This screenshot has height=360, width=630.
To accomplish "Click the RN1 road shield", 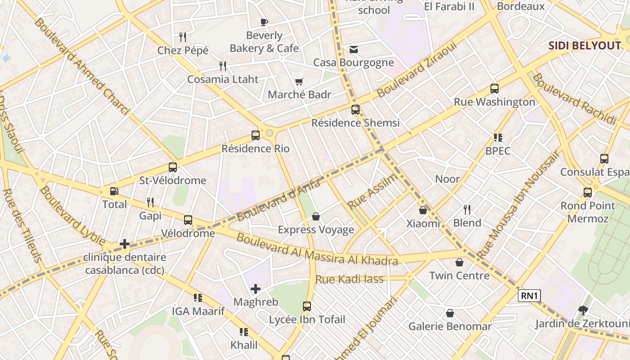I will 529,296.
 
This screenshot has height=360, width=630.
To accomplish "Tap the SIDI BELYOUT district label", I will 585,45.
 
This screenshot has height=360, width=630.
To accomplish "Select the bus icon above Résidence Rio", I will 256,135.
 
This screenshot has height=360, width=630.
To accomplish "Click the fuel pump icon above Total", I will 114,191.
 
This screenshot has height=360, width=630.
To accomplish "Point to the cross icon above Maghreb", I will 256,289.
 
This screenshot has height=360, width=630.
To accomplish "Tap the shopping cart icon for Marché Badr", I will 299,81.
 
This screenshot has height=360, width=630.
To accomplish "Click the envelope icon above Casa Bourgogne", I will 354,49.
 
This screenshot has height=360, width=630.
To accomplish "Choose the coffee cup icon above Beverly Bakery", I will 264,22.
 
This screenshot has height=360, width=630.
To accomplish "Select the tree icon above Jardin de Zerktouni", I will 583,310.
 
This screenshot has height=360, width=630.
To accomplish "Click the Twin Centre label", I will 459,275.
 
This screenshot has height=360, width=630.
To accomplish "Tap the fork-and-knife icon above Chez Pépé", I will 183,37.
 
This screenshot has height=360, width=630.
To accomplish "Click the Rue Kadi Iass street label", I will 349,279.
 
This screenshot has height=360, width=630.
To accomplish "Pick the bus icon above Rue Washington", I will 495,89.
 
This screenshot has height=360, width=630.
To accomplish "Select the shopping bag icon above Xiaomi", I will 423,210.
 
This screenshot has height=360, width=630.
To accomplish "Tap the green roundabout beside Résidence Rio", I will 270,133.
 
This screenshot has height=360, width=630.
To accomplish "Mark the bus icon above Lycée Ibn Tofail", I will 307,306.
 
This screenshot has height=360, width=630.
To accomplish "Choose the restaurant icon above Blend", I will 467,209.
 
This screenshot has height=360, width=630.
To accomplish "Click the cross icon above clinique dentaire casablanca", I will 125,244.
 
